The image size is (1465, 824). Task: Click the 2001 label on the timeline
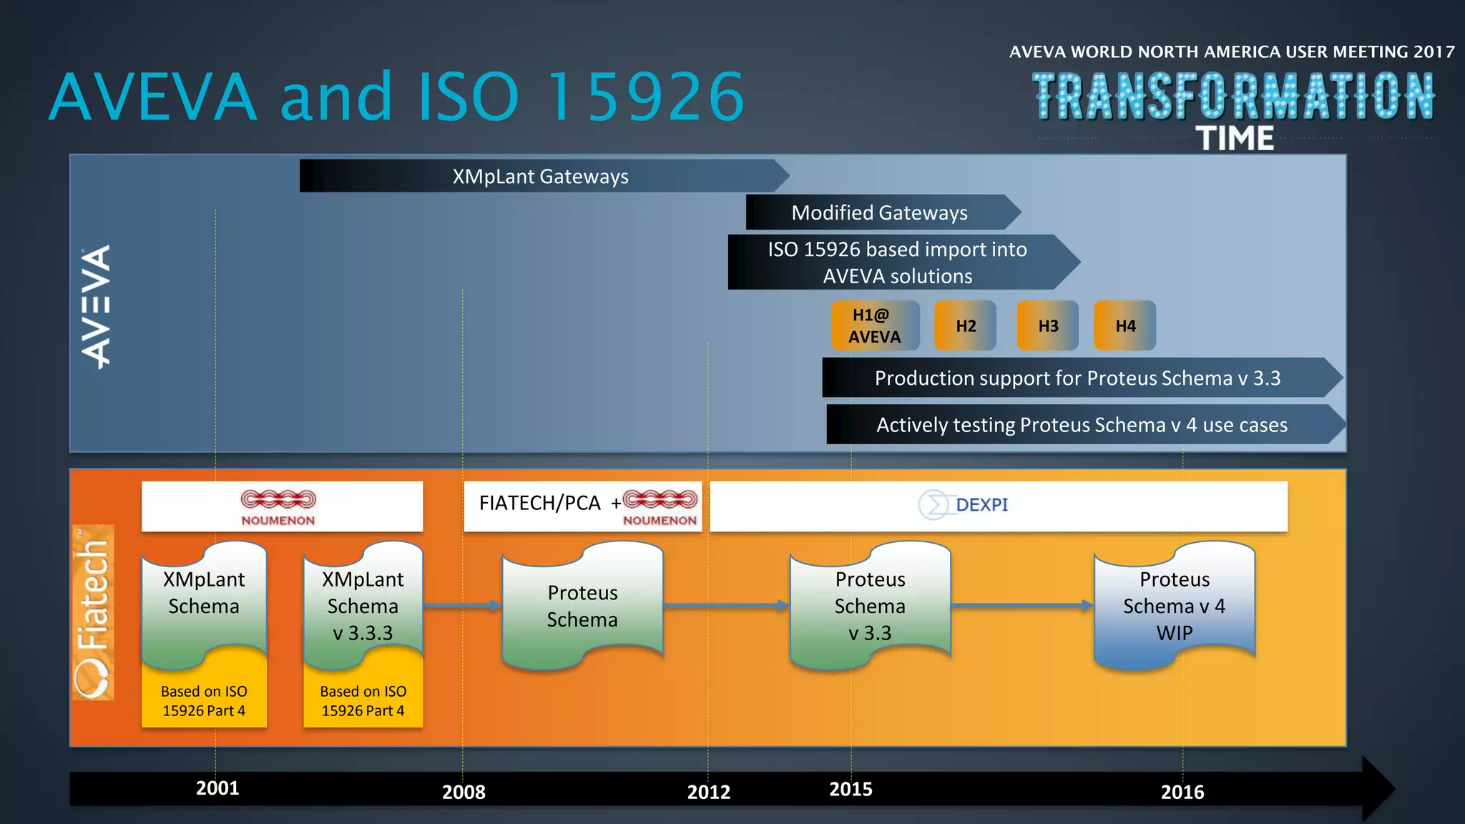[x=217, y=788]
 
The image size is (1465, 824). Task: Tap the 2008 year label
[x=464, y=792]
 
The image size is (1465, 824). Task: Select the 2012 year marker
[x=709, y=792]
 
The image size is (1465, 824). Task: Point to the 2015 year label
[x=851, y=789]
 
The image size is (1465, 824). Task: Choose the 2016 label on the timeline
[x=1182, y=792]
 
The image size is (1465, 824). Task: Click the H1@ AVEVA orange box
[x=875, y=325]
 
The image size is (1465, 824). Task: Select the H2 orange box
[x=965, y=325]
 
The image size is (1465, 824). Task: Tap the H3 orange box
[x=1048, y=325]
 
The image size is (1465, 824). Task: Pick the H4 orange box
[x=1125, y=325]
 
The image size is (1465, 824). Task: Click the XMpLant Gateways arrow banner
[x=541, y=176]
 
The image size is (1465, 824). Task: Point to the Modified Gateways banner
[x=879, y=212]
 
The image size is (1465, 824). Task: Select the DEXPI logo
[x=964, y=505]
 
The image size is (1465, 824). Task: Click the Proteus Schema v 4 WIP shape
[x=1174, y=605]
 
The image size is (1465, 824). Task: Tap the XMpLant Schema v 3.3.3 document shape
[x=363, y=605]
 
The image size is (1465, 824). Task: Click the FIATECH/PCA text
[x=539, y=504]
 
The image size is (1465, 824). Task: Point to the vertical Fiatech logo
[x=93, y=612]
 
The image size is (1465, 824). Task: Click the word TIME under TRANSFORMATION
[x=1235, y=138]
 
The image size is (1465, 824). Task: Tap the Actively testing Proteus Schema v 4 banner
[x=1082, y=425]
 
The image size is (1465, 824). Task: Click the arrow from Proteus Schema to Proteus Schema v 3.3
[x=726, y=606]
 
